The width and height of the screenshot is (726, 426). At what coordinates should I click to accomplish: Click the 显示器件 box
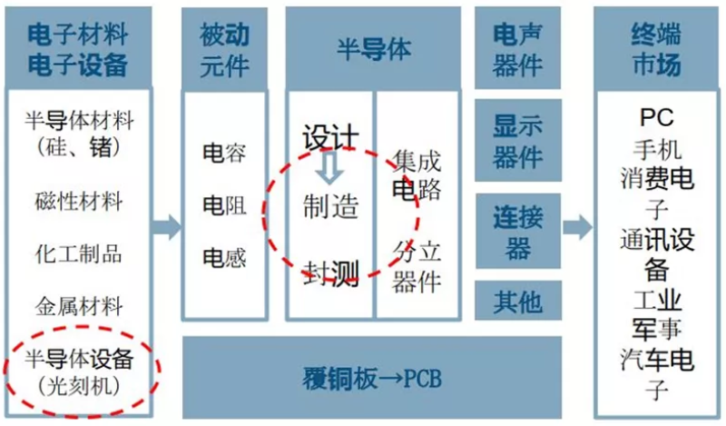518,141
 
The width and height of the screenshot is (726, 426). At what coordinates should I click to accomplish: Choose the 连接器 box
518,232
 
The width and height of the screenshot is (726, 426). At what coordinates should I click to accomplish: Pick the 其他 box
518,300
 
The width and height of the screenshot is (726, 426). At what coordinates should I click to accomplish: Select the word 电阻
223,205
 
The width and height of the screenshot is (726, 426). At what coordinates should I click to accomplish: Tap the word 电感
223,258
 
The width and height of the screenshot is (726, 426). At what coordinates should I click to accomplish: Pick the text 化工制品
79,253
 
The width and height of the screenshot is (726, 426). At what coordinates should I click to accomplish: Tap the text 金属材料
79,305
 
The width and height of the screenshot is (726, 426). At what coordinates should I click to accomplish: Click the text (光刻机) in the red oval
79,385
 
